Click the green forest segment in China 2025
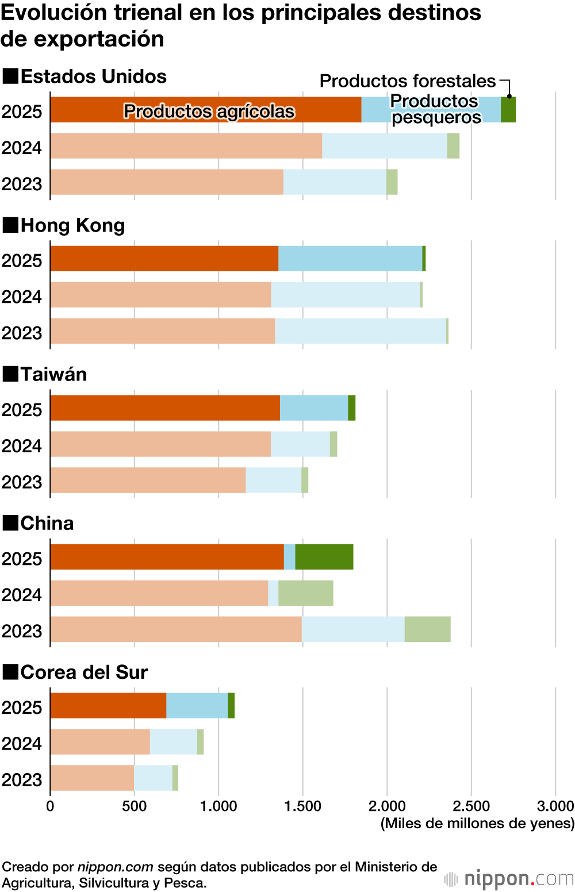pos(324,557)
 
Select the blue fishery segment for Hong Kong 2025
pos(350,259)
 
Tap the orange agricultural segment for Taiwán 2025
pos(165,407)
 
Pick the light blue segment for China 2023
pos(353,629)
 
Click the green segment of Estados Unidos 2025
pos(508,110)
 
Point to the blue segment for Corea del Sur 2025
pos(197,706)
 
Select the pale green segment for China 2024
pos(306,593)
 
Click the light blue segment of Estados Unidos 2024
pos(385,146)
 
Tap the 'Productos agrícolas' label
pos(209,111)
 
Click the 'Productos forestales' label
pos(408,81)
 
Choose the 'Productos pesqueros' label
pos(435,109)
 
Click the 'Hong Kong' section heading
pos(72,225)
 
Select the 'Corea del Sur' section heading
pos(84,672)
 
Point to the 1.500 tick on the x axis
pos(302,806)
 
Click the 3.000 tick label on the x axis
pos(555,806)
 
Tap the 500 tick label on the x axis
pos(134,806)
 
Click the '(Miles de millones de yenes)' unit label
pos(477,824)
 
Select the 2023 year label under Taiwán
pos(22,482)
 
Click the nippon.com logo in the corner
pos(509,879)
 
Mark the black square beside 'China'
pos(10,523)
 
